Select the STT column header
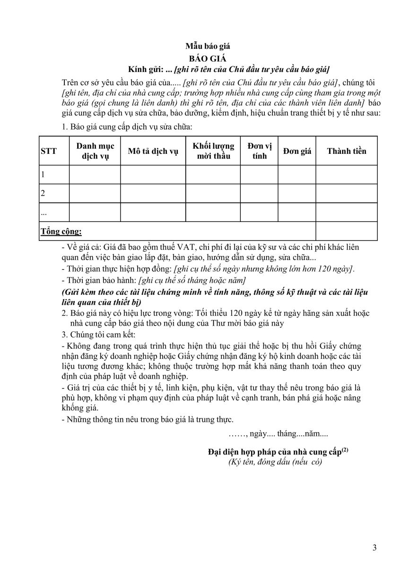[49, 151]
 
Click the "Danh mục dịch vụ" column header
[95, 151]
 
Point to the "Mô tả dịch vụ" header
[153, 151]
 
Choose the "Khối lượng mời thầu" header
[213, 151]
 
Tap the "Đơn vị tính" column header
[259, 151]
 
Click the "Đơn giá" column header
[297, 151]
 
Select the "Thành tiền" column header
[347, 151]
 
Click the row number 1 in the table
[43, 175]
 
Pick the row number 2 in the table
[43, 193]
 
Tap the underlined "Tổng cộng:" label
[61, 231]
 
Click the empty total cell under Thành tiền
[347, 231]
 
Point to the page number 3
[375, 548]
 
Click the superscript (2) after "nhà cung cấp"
[345, 450]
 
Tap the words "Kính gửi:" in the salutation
[150, 69]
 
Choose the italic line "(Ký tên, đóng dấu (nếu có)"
[275, 462]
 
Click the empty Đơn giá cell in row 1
[297, 175]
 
